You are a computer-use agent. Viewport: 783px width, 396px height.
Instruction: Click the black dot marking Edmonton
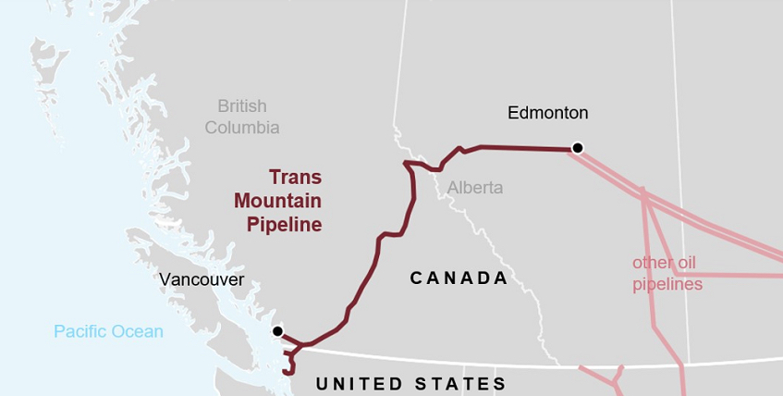[578, 147]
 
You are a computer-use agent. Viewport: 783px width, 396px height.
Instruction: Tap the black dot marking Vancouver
[276, 330]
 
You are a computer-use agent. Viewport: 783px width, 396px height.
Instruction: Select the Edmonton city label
[547, 113]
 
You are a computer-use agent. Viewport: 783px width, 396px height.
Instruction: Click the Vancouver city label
[202, 279]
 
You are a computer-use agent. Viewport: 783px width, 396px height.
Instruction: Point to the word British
[242, 106]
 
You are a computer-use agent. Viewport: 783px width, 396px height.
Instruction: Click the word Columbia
[242, 128]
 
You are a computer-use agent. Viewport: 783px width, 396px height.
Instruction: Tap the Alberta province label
[475, 188]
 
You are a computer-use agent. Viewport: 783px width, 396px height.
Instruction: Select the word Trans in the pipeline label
[295, 177]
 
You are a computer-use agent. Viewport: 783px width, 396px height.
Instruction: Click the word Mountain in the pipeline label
[277, 200]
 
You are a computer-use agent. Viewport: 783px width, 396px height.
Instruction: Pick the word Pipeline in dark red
[285, 223]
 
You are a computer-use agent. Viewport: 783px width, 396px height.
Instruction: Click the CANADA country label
[459, 278]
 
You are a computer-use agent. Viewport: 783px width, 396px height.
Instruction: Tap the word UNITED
[361, 383]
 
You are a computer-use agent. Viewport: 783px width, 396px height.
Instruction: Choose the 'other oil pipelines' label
[667, 273]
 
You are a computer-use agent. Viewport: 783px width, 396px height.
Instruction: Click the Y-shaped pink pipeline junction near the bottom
[614, 379]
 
